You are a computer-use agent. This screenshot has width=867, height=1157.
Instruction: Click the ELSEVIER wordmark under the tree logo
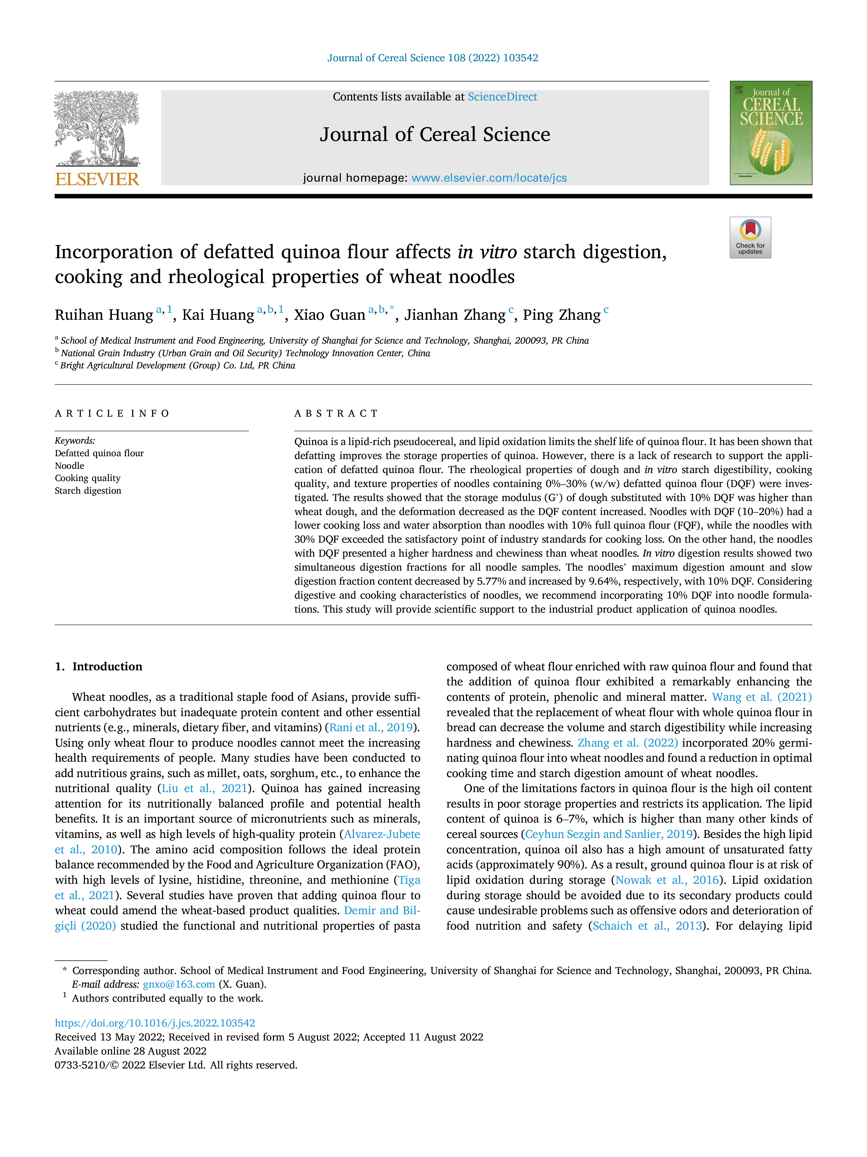(97, 179)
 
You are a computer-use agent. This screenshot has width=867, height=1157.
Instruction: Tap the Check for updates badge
(750, 238)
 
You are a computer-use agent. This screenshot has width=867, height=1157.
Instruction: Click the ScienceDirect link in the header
(502, 97)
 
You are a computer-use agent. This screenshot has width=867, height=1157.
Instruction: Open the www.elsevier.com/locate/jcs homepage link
(489, 178)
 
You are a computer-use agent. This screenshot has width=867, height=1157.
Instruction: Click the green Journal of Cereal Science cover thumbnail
(771, 133)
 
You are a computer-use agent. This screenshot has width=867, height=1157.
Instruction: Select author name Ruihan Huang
(104, 315)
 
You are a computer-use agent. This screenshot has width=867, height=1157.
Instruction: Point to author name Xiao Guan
(329, 315)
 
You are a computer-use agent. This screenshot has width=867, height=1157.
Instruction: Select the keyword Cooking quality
(88, 478)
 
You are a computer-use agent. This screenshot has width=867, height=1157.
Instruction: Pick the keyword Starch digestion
(88, 491)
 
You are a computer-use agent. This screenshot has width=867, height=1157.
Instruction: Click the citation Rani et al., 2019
(371, 728)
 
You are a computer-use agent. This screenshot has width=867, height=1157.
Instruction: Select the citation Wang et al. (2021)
(762, 697)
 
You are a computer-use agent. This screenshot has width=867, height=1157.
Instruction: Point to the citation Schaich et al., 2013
(647, 926)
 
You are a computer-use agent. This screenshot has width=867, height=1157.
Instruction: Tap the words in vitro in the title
(487, 252)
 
